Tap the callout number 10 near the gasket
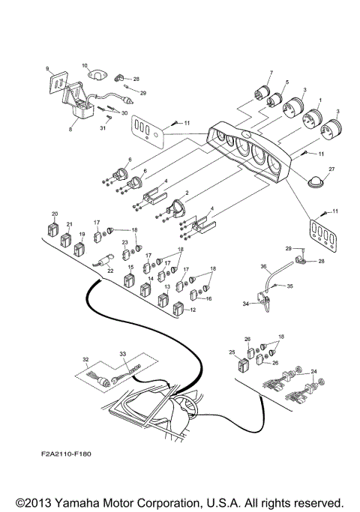[x=84, y=65]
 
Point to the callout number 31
[x=103, y=129]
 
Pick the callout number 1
[x=320, y=99]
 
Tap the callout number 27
[x=331, y=170]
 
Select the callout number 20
[x=55, y=214]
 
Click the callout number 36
[x=263, y=265]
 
